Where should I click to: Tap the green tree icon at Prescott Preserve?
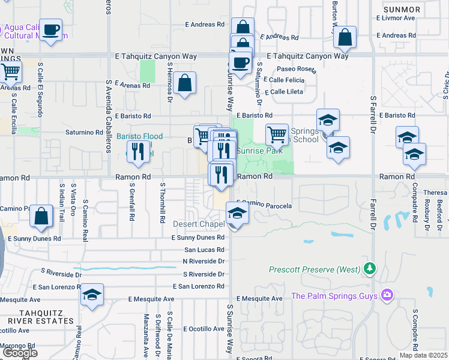370,268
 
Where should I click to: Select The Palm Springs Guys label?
334,295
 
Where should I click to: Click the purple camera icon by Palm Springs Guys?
387,295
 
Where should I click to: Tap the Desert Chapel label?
199,224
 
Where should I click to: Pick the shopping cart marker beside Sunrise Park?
277,134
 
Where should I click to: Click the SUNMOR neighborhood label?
402,10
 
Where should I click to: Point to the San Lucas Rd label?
204,250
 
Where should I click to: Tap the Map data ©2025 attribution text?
424,355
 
